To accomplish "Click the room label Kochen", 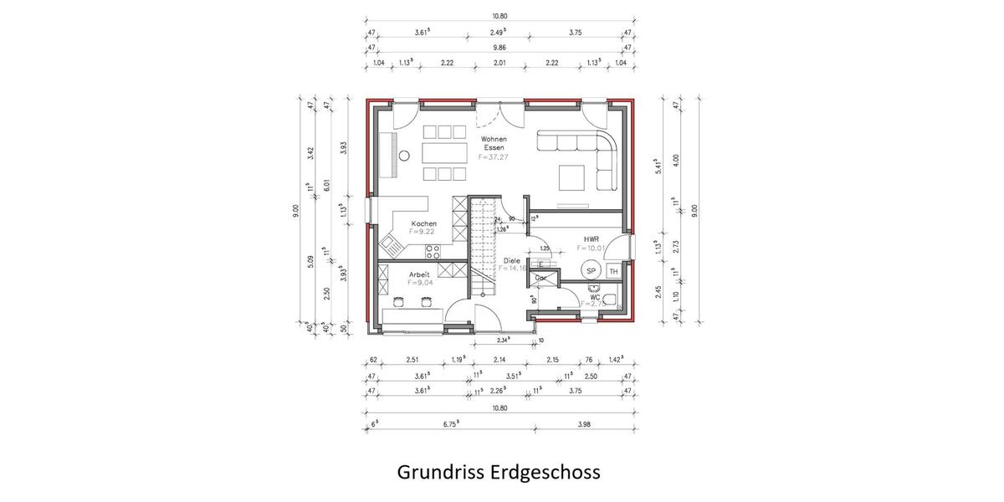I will (x=423, y=223).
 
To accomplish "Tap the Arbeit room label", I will (x=419, y=274).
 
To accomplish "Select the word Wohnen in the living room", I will (x=494, y=139).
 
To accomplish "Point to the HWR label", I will (x=591, y=239).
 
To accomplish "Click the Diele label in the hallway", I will (x=512, y=260).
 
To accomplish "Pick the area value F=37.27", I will (x=494, y=156).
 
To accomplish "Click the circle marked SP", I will (x=591, y=270).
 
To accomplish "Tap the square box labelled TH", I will (x=613, y=271).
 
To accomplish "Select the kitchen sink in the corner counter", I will (x=392, y=243).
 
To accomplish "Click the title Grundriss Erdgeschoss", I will (x=499, y=473).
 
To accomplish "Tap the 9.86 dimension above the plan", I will (x=499, y=49).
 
